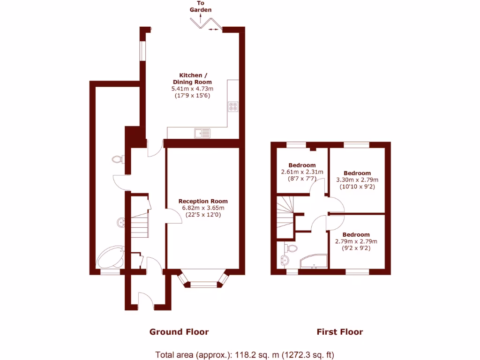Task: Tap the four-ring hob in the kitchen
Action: (232, 107)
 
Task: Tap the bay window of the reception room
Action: (203, 280)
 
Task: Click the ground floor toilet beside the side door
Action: (118, 160)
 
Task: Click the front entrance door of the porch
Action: (146, 300)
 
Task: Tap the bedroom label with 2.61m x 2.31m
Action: (302, 165)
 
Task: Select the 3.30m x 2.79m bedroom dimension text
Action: (357, 180)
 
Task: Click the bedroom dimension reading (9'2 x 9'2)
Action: (356, 248)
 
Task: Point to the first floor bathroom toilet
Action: (292, 248)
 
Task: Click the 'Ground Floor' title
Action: (179, 332)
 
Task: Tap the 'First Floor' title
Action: (339, 332)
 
